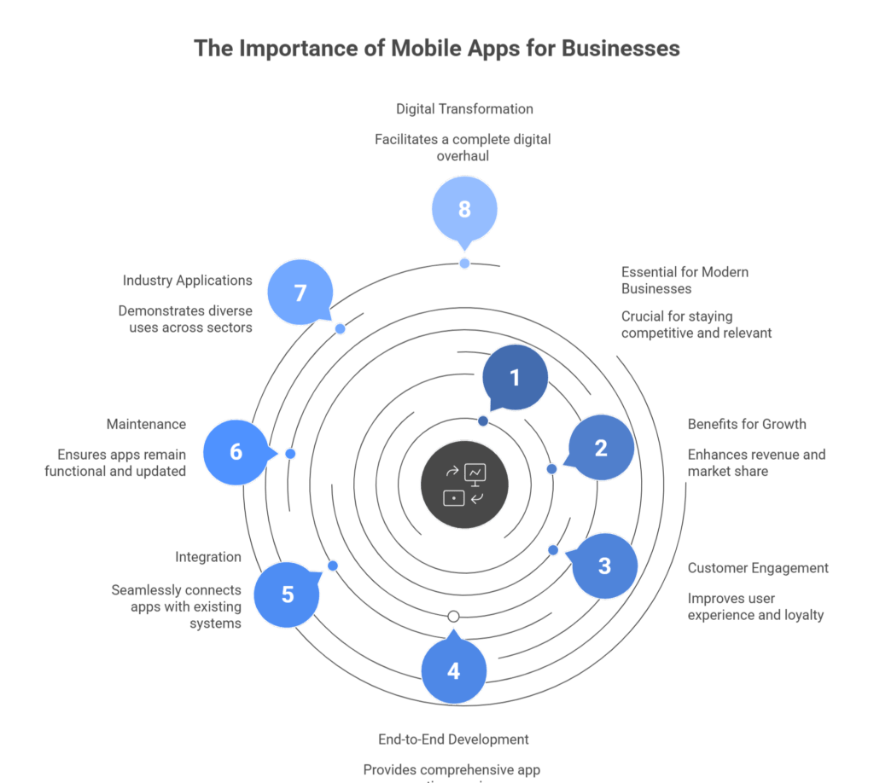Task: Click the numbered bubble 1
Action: pyautogui.click(x=515, y=378)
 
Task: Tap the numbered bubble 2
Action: pyautogui.click(x=601, y=448)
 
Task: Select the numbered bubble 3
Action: pyautogui.click(x=604, y=565)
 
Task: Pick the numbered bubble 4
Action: pyautogui.click(x=453, y=671)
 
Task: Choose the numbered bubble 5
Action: pyautogui.click(x=288, y=594)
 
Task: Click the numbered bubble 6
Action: pyautogui.click(x=236, y=452)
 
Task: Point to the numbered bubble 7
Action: pyautogui.click(x=300, y=293)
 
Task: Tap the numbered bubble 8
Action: pyautogui.click(x=464, y=209)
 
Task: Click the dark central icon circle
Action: pyautogui.click(x=464, y=486)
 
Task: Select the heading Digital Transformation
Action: pyautogui.click(x=464, y=109)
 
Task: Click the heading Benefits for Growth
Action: pyautogui.click(x=747, y=424)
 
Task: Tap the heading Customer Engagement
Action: pyautogui.click(x=758, y=568)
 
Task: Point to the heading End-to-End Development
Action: pyautogui.click(x=453, y=739)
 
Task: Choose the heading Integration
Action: pyautogui.click(x=208, y=557)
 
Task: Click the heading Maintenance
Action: pyautogui.click(x=146, y=424)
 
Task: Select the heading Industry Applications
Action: pyautogui.click(x=187, y=280)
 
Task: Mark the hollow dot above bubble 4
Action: pyautogui.click(x=453, y=616)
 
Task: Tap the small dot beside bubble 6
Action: pyautogui.click(x=290, y=454)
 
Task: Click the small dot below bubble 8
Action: pyautogui.click(x=464, y=264)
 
